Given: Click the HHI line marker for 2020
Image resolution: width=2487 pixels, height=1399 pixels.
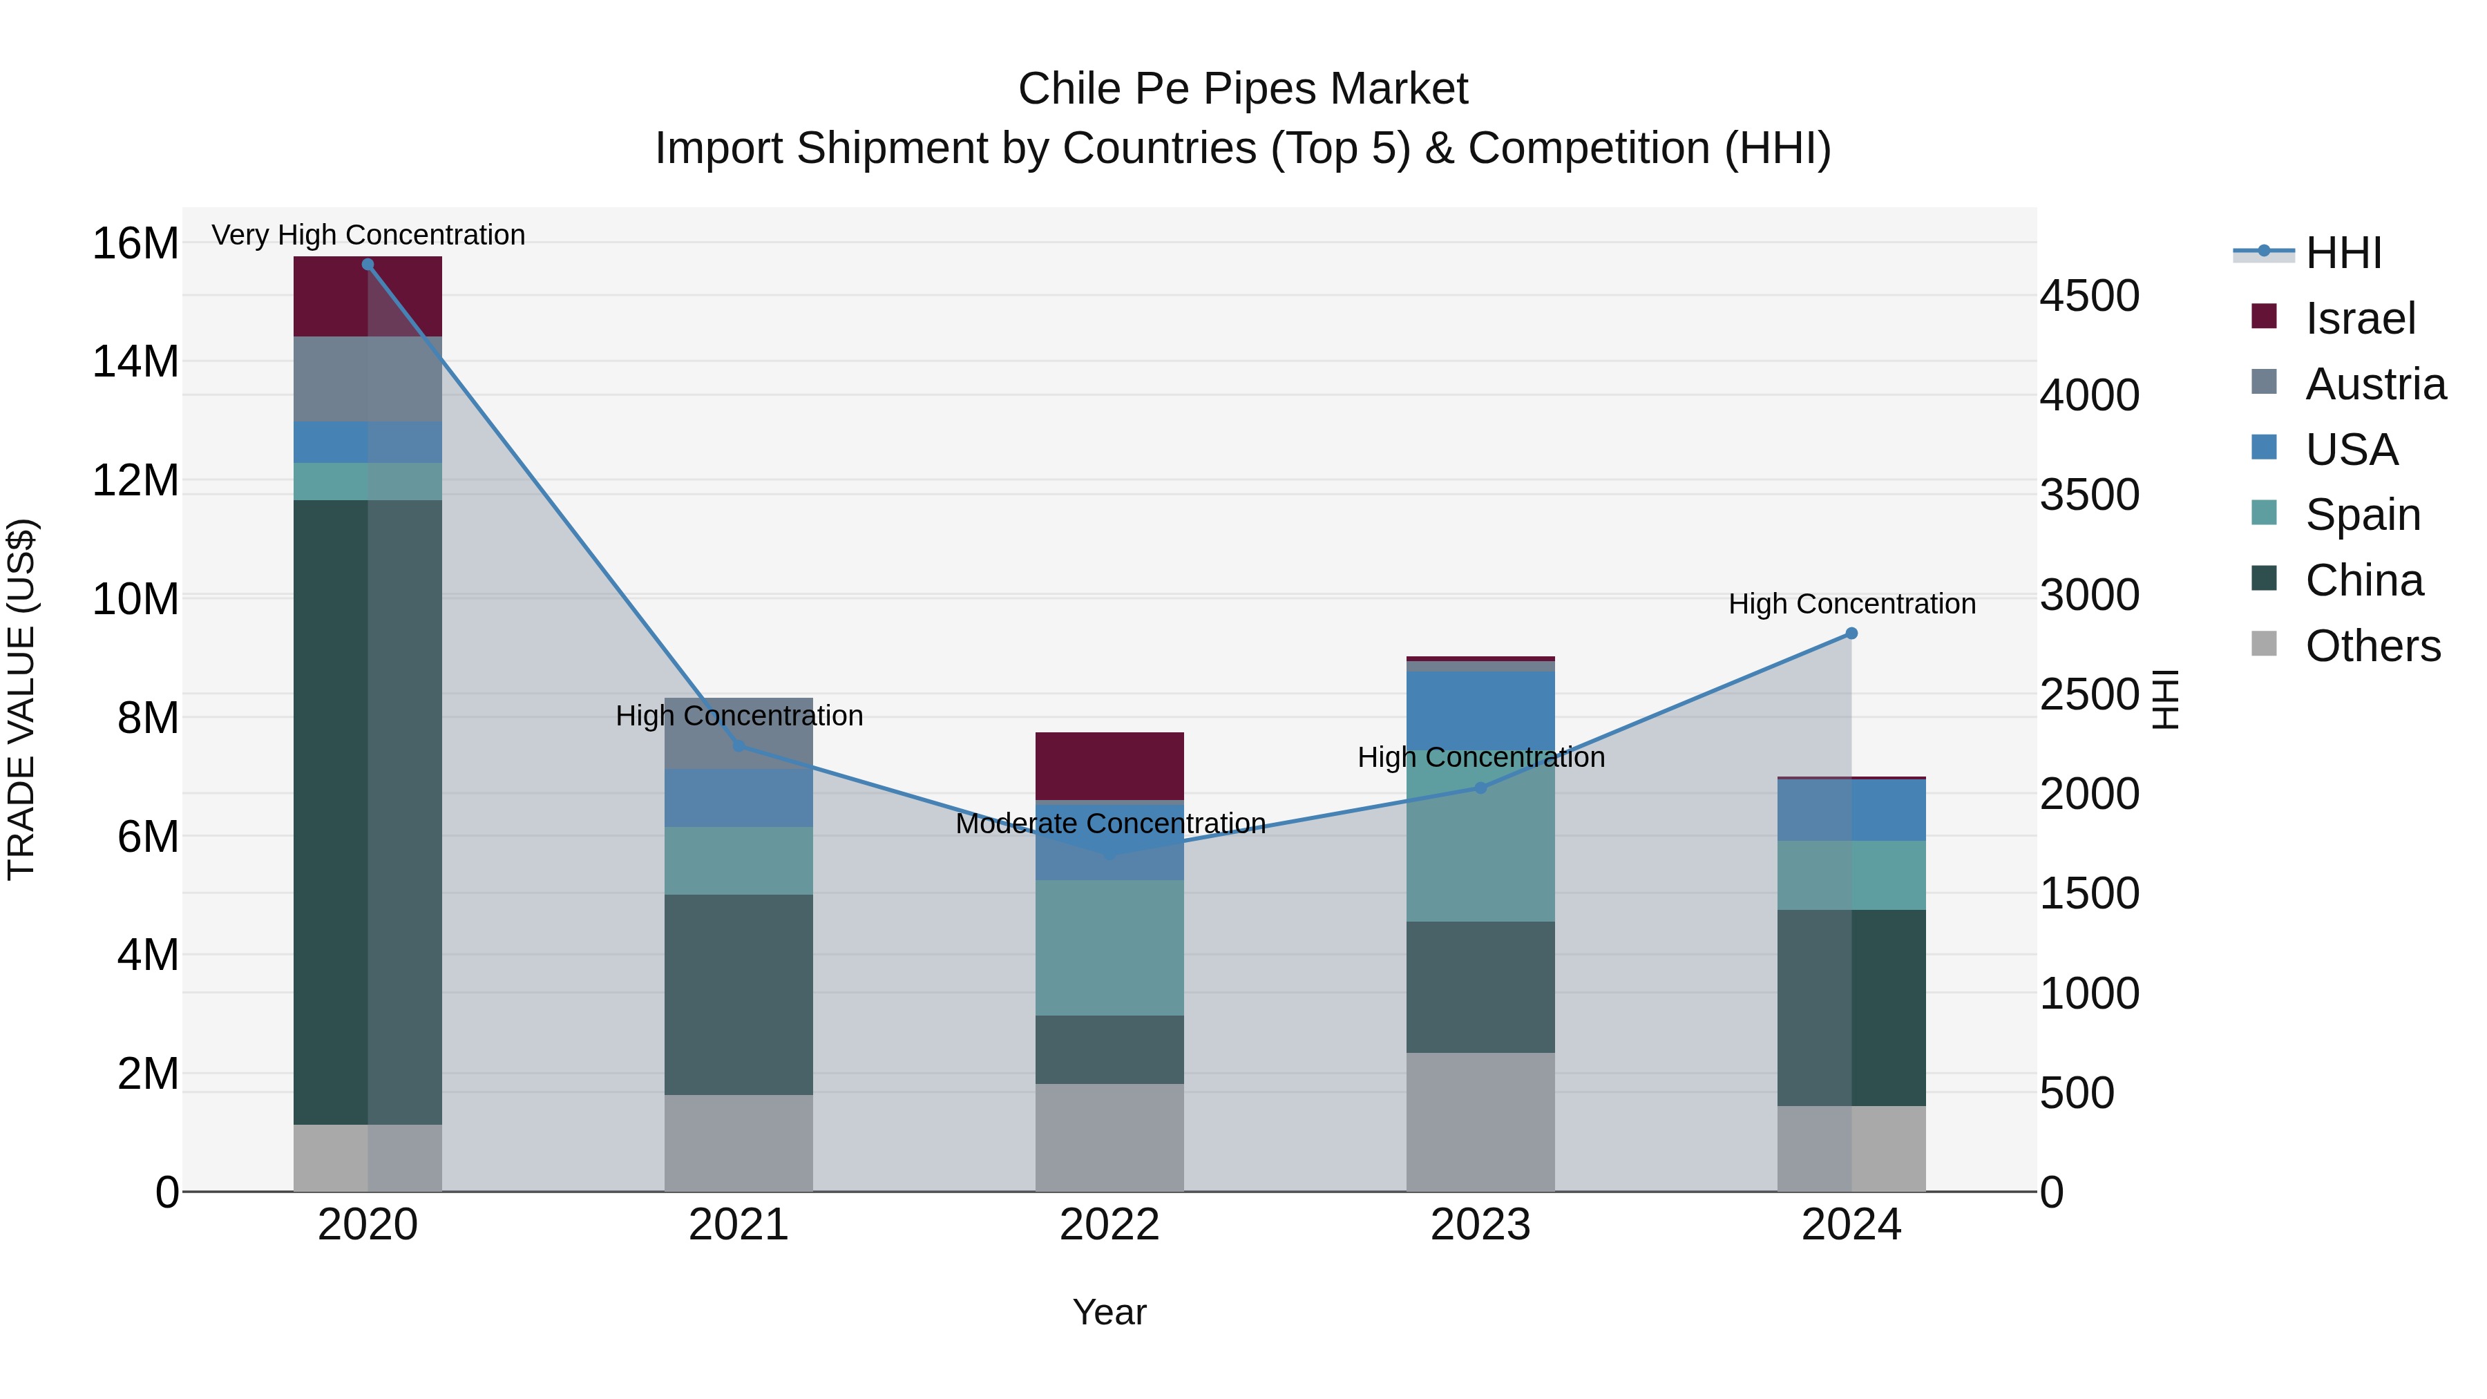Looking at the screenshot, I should tap(368, 265).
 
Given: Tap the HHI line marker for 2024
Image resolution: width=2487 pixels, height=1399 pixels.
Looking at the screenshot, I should tap(1851, 634).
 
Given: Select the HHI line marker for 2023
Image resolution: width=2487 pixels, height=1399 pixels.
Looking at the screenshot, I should tap(1480, 788).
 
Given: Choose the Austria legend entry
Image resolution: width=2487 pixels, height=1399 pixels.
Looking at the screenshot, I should tap(2375, 384).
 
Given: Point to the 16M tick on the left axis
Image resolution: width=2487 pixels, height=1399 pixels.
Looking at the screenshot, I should tap(135, 243).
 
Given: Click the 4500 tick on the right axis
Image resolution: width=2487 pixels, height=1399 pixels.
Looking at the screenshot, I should tap(2089, 296).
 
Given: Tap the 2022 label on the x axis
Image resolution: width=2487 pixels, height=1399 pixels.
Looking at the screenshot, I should tap(1109, 1225).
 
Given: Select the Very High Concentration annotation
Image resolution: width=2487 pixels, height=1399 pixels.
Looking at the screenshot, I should tap(368, 235).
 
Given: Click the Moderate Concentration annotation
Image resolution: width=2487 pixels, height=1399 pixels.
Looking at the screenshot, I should tap(1110, 824).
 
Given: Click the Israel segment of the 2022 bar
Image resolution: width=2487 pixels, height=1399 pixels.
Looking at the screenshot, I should tap(1109, 765).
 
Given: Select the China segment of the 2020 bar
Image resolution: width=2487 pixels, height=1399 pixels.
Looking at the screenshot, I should tap(368, 811).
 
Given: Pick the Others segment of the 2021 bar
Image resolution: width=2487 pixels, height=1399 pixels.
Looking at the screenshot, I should tap(739, 1143).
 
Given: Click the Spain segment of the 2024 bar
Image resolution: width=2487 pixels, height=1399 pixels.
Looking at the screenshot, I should tap(1851, 875).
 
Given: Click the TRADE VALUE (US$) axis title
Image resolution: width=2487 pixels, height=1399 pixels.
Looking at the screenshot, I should tap(21, 699).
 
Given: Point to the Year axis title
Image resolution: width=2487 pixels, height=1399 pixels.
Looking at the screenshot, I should tap(1109, 1312).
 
